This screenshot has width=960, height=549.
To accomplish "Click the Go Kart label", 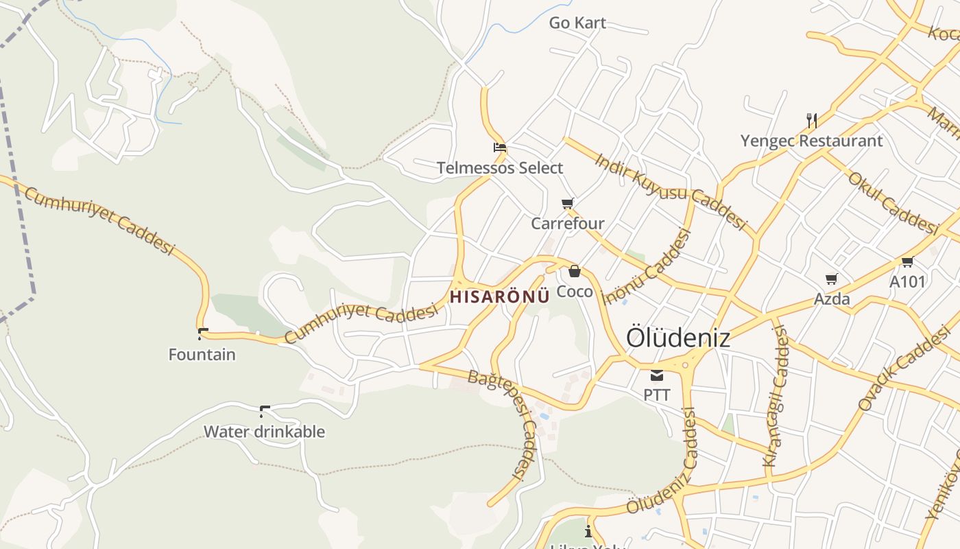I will pos(577,23).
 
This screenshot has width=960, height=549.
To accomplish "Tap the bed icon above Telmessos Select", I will pos(500,147).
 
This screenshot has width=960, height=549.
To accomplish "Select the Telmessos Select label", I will pos(500,167).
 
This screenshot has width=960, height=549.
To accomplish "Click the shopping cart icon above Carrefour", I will pos(567,203).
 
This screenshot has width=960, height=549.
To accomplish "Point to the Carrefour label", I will pos(568,223).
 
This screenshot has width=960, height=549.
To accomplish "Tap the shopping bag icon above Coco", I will pos(575,271).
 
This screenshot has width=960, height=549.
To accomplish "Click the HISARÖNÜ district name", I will pos(500,296).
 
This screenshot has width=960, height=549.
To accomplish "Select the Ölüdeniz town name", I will pos(677,338).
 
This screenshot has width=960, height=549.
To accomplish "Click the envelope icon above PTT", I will pos(657,375).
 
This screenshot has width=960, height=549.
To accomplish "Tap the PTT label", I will pos(656,395).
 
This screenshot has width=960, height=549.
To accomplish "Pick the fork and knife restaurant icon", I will pos(812,121).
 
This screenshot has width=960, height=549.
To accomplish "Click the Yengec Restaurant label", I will pos(811,141).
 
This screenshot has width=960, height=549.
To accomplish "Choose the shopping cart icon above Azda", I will pos(832,279).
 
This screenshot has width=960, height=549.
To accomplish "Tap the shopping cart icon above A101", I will pos(907,261).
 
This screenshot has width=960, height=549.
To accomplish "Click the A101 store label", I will pos(907,281).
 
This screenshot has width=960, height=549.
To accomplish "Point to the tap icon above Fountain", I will pos(202,334).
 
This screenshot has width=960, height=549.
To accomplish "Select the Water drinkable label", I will pos(264,432).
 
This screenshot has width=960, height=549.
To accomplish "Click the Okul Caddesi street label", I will pos(892,202).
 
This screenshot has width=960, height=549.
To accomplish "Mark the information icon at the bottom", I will pos(588,531).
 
